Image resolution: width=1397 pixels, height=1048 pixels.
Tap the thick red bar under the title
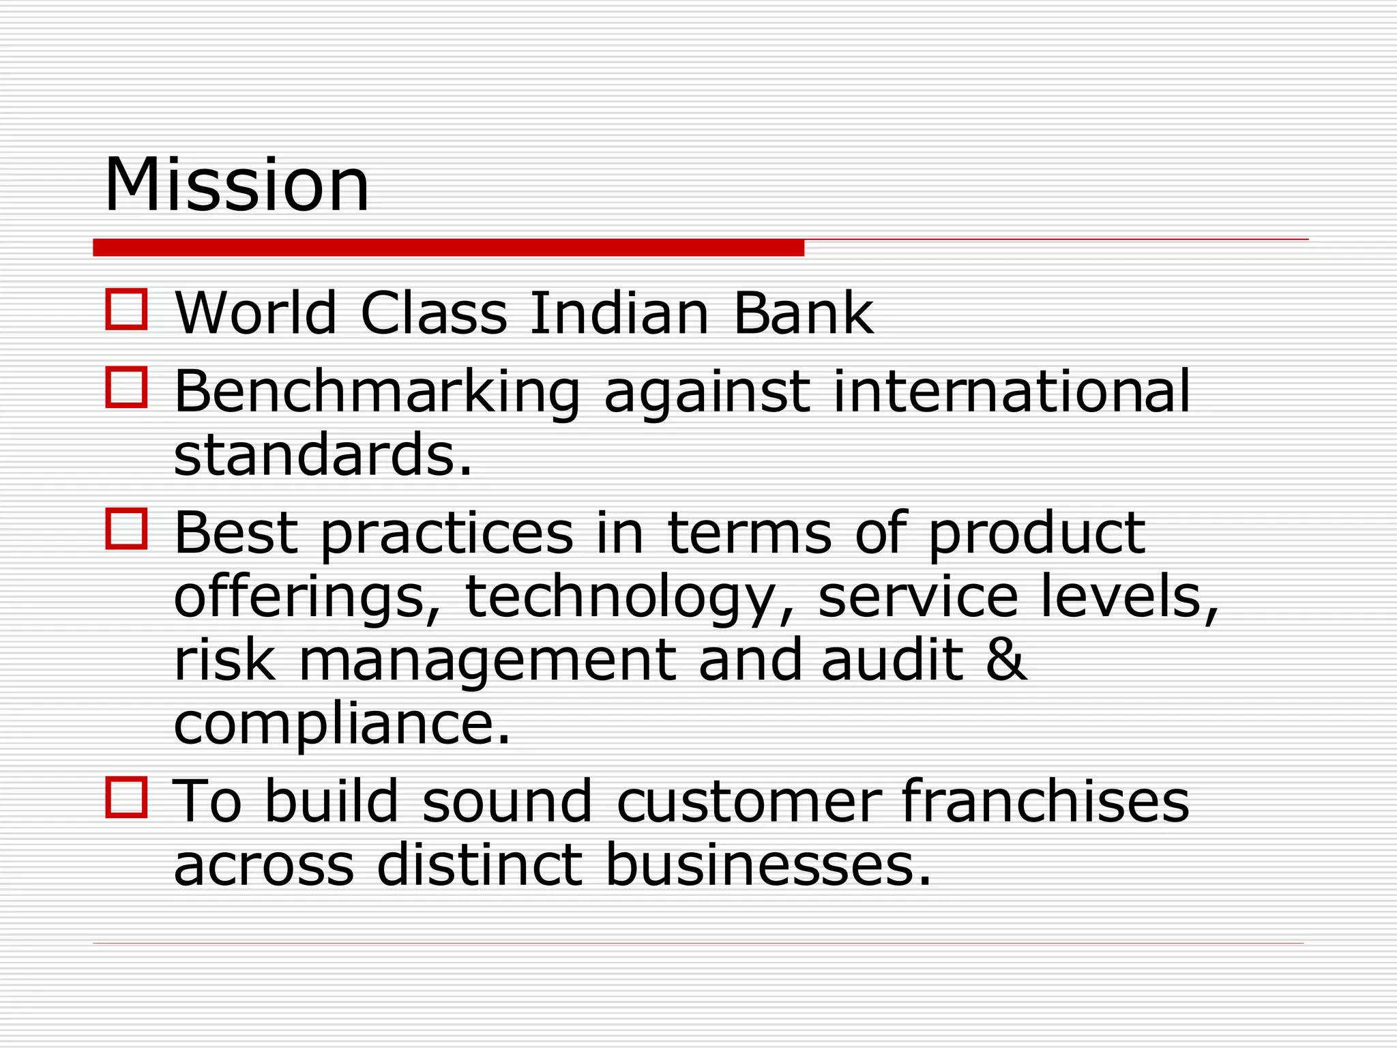[448, 248]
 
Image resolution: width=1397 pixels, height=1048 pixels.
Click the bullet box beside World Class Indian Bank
[127, 310]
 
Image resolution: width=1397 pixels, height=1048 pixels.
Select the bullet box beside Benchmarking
[127, 388]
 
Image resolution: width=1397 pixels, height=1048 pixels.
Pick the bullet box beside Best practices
[127, 529]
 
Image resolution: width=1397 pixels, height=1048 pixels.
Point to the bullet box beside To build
[127, 797]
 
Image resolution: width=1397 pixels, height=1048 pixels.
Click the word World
[256, 313]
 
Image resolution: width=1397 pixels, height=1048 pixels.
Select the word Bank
[803, 313]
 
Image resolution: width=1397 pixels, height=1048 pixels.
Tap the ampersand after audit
[1006, 660]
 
